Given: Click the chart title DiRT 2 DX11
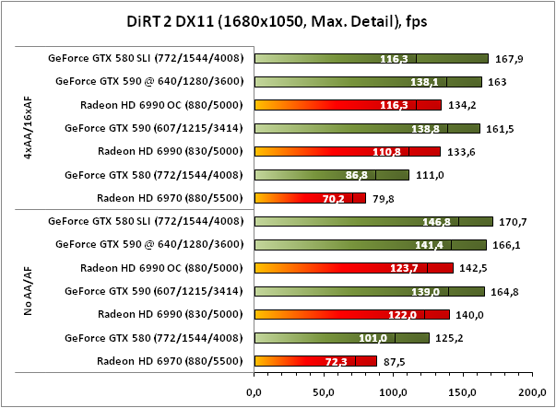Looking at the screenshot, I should [x=278, y=20].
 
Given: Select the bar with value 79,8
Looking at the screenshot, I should [x=310, y=197].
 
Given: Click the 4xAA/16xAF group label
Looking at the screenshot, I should [x=30, y=127].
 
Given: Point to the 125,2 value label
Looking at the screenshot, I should [x=446, y=337].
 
